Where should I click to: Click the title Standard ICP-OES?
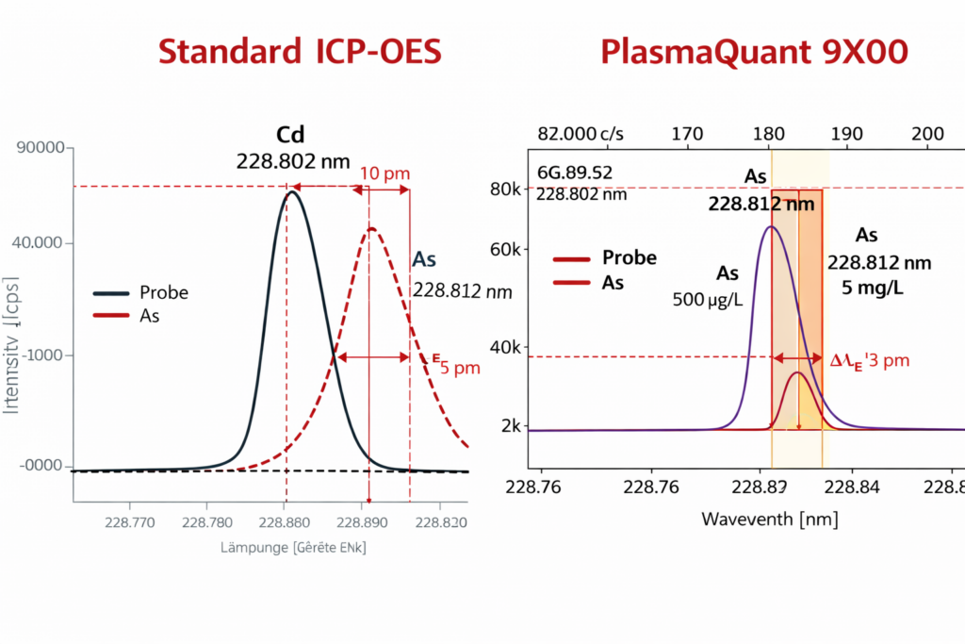299,53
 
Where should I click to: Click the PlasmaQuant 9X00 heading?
755,53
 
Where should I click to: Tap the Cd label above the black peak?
291,134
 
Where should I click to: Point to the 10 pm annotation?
384,173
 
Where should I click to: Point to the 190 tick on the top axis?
846,134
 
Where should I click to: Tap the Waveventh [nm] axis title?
769,520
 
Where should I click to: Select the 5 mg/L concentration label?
866,288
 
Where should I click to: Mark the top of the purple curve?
771,226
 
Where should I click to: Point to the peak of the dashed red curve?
372,228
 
